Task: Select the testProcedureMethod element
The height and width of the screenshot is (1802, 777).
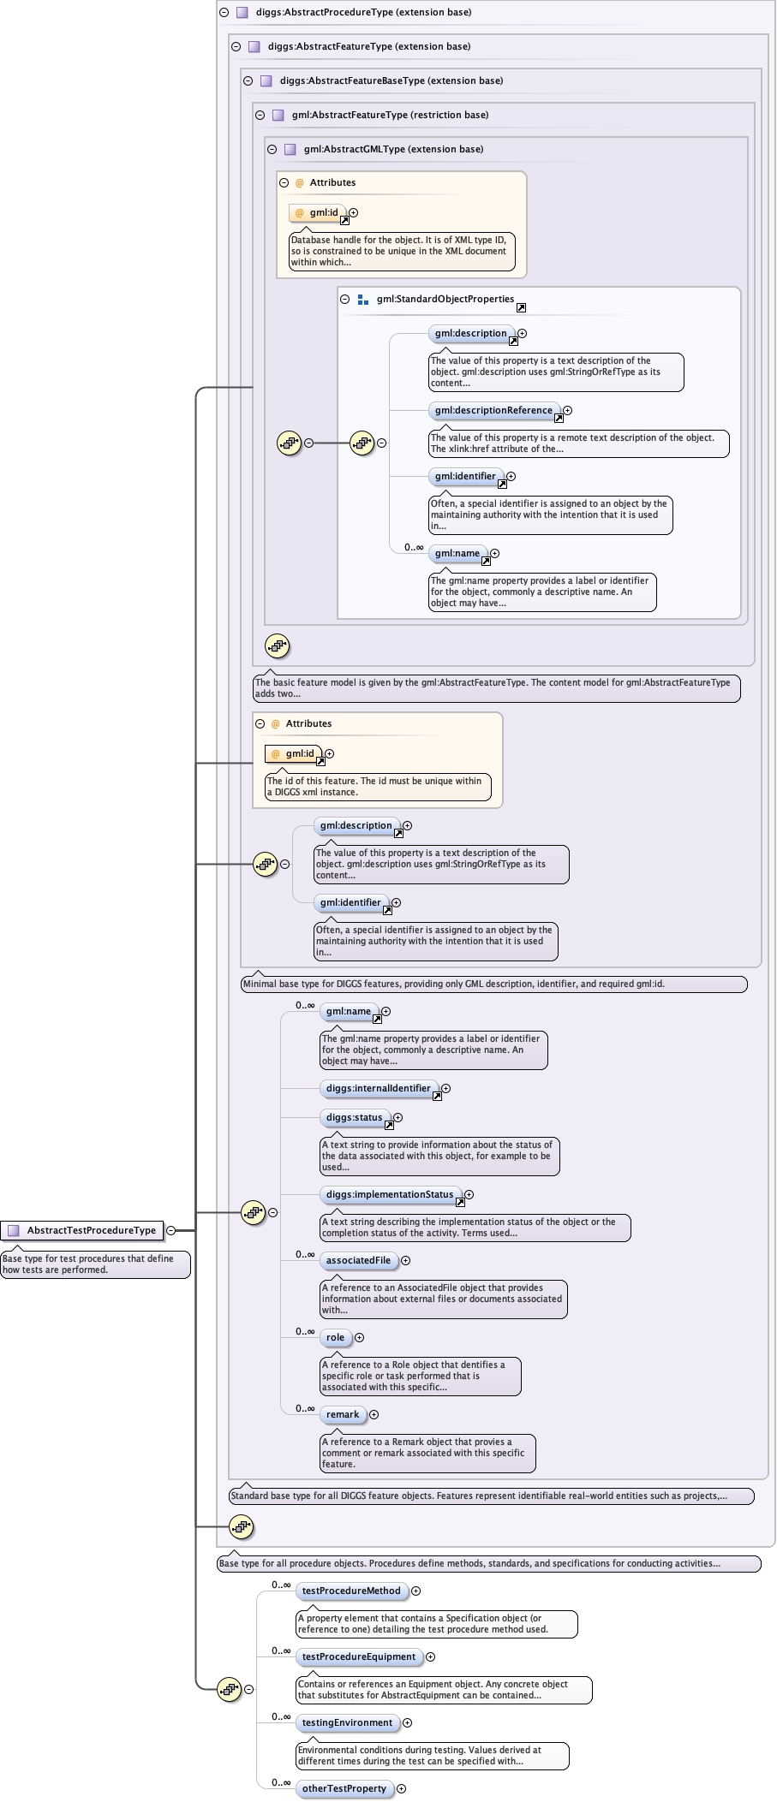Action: pyautogui.click(x=351, y=1591)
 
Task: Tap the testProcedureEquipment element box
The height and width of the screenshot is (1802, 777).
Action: pyautogui.click(x=358, y=1656)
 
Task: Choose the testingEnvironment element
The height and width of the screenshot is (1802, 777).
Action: pyautogui.click(x=347, y=1722)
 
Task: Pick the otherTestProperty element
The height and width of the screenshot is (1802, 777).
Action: pyautogui.click(x=344, y=1788)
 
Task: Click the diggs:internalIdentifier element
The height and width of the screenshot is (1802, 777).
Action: pyautogui.click(x=378, y=1088)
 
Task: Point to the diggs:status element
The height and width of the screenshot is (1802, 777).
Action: pyautogui.click(x=354, y=1117)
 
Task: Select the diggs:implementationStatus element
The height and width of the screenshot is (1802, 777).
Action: pyautogui.click(x=389, y=1194)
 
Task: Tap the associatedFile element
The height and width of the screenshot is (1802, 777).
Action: pyautogui.click(x=358, y=1260)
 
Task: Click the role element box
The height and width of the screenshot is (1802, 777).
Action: pyautogui.click(x=335, y=1337)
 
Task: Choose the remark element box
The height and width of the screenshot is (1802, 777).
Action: pyautogui.click(x=343, y=1414)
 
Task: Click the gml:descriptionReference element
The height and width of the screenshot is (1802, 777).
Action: pyautogui.click(x=493, y=410)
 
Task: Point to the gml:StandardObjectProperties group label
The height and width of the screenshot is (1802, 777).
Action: pyautogui.click(x=445, y=299)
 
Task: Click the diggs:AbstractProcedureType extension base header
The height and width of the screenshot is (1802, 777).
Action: pyautogui.click(x=363, y=12)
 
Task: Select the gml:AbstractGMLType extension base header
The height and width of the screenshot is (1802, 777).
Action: pyautogui.click(x=393, y=149)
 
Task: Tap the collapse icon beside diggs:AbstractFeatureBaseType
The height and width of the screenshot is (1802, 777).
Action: pyautogui.click(x=248, y=80)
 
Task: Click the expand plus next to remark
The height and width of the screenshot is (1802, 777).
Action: pyautogui.click(x=374, y=1414)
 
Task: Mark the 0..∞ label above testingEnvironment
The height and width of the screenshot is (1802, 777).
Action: pyautogui.click(x=281, y=1716)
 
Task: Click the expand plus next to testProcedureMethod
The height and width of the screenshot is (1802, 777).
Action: pyautogui.click(x=416, y=1591)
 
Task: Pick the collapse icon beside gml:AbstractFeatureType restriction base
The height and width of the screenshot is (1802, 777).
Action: pyautogui.click(x=260, y=115)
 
